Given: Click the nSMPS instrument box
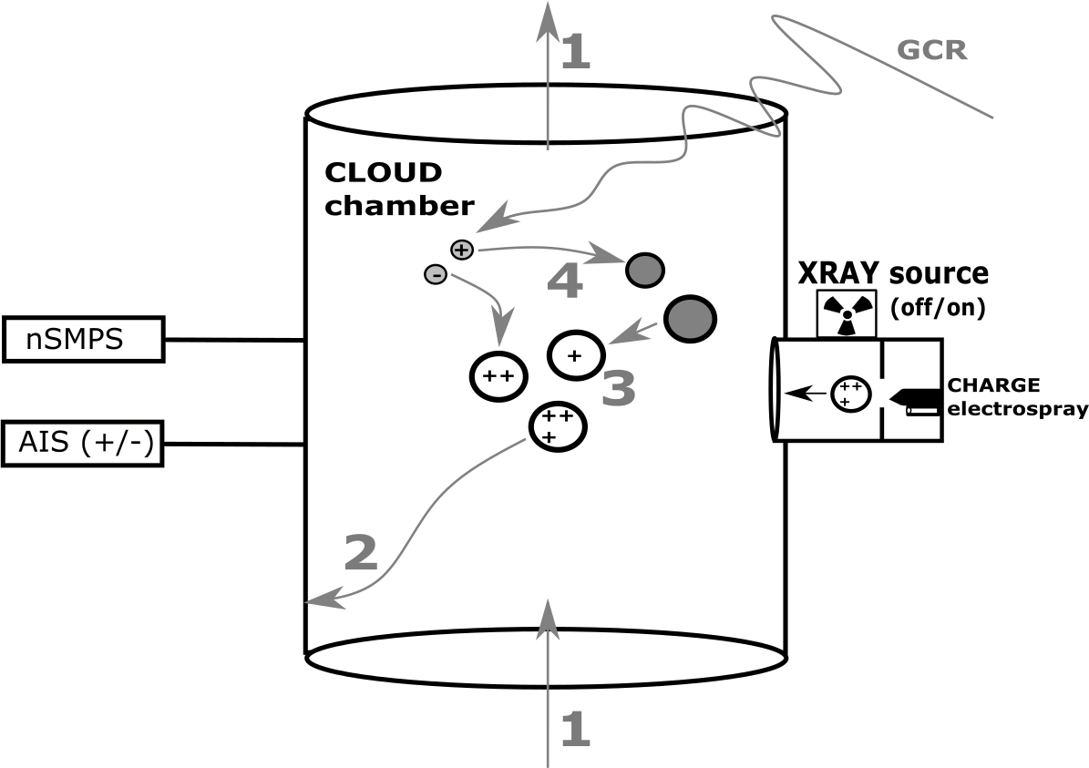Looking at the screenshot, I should (83, 339).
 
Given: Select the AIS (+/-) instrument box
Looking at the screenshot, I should (83, 444).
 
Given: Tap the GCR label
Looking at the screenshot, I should (931, 49).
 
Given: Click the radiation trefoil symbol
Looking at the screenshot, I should (847, 313).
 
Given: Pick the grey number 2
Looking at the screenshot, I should (361, 552).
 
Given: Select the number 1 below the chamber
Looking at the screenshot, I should (574, 729).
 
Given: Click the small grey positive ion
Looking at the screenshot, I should (462, 249).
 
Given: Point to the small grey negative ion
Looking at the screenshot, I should (436, 273).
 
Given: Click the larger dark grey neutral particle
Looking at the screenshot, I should (690, 318).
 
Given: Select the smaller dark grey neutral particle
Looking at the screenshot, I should (645, 270).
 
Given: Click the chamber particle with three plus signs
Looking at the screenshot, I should (558, 426).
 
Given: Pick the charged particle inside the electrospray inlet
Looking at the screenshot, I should (852, 394).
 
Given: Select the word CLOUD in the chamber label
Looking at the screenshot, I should (383, 172).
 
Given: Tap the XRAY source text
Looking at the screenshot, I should (893, 273).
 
